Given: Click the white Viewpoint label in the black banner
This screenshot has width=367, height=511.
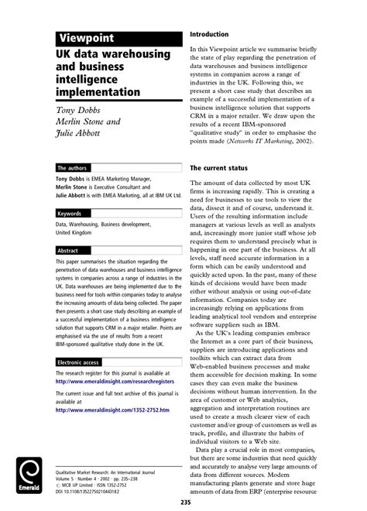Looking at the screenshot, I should coord(87,39).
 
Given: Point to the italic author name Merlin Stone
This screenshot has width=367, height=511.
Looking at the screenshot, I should coord(86,123).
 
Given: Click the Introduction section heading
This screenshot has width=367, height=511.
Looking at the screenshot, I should coord(209,35).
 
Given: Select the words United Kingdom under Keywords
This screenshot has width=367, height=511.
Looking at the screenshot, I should coord(74,232).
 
